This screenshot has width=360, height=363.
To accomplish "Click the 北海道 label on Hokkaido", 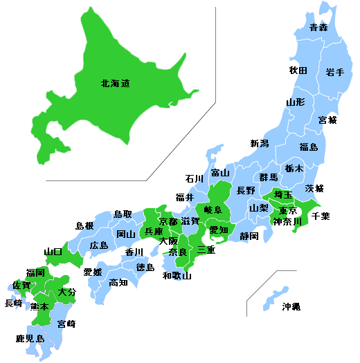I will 115,84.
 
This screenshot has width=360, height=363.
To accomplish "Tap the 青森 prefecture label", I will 318,28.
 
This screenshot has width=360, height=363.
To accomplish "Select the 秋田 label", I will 298,70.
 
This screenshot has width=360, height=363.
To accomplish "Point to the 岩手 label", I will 335,72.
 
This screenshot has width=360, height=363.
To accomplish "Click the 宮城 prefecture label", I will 327,120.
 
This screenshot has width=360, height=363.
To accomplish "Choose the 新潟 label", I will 260,144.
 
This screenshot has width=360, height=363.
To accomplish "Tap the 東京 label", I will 288,211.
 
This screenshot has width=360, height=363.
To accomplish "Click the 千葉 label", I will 321,216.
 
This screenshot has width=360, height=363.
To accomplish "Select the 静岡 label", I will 249,236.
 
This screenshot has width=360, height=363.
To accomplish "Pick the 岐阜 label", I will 213,209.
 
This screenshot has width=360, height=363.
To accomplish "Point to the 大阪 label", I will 168,241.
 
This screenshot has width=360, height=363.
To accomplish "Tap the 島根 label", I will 84,225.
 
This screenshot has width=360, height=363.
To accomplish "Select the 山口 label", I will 53,252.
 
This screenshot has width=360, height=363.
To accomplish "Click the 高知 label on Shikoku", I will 118,282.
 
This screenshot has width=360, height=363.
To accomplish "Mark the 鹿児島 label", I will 30,339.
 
